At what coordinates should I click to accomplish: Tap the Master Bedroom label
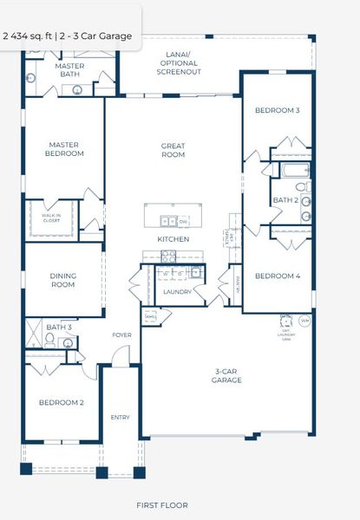(66, 149)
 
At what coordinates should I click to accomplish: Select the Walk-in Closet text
(51, 218)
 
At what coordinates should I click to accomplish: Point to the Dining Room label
(62, 280)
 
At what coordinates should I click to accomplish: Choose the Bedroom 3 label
(277, 111)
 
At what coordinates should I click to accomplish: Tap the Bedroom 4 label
(277, 276)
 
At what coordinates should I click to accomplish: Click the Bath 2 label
(285, 200)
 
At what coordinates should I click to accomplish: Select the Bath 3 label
(58, 327)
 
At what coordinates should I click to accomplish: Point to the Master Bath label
(69, 70)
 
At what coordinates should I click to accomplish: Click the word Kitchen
(173, 239)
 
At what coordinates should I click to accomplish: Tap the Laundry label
(177, 292)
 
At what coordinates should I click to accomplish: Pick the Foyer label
(121, 335)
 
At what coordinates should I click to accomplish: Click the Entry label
(120, 418)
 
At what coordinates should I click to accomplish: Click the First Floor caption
(162, 504)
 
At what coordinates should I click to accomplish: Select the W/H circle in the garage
(304, 322)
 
